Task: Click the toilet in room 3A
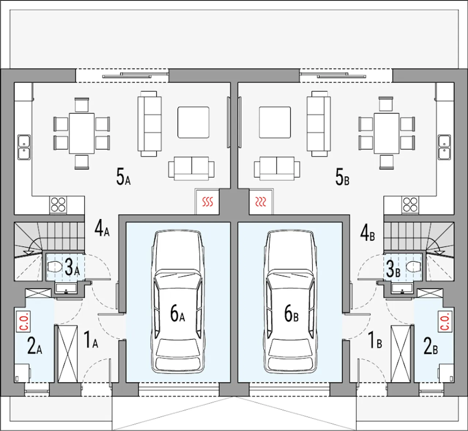click(x=54, y=267)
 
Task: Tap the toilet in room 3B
click(x=414, y=267)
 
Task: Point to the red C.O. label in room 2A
click(x=23, y=321)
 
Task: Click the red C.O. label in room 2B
click(x=445, y=321)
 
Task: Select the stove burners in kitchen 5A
click(x=58, y=204)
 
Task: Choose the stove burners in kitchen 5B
click(x=410, y=204)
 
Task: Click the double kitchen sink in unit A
click(x=24, y=147)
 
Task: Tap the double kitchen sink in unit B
click(x=444, y=147)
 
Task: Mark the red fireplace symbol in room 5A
click(x=208, y=202)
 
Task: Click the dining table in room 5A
click(x=82, y=133)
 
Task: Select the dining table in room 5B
click(x=386, y=133)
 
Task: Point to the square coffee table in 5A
click(x=193, y=122)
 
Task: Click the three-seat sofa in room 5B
click(x=318, y=124)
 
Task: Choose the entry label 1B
click(x=375, y=340)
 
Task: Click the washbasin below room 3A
click(x=66, y=288)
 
